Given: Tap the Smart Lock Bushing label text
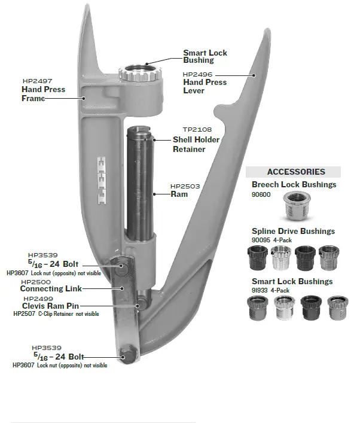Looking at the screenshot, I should pyautogui.click(x=205, y=57).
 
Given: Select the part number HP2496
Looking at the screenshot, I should pyautogui.click(x=198, y=74).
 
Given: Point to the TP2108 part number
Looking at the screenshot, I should pyautogui.click(x=197, y=129).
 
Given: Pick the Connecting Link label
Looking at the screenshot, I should pyautogui.click(x=51, y=289).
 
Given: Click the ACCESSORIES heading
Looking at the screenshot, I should pyautogui.click(x=296, y=172).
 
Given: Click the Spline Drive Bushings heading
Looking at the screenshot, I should pyautogui.click(x=293, y=232).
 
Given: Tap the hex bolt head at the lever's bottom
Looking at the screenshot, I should pyautogui.click(x=127, y=354).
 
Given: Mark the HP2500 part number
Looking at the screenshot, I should pyautogui.click(x=36, y=282).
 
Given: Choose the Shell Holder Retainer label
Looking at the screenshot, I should pyautogui.click(x=196, y=144).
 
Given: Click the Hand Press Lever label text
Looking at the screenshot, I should pyautogui.click(x=205, y=87).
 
